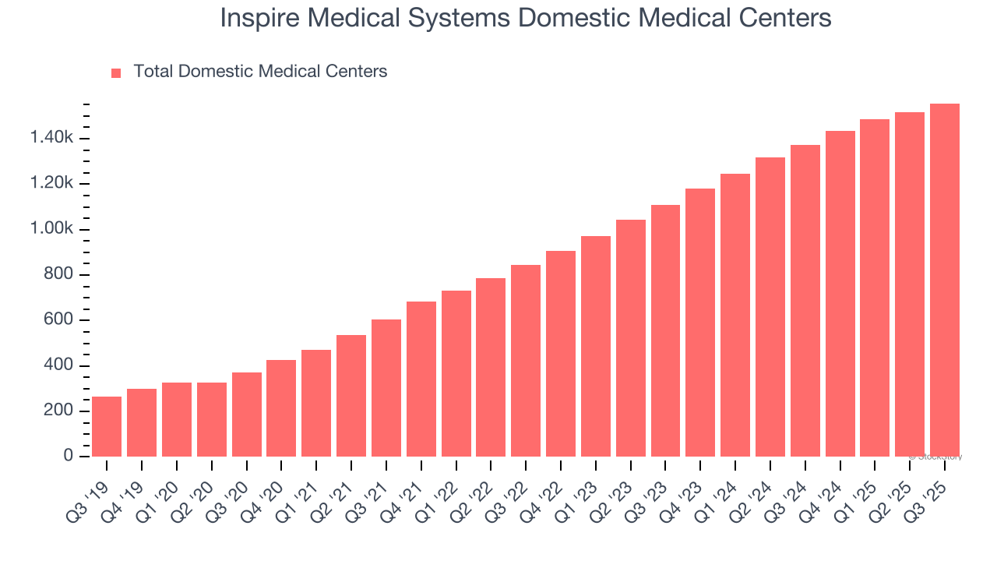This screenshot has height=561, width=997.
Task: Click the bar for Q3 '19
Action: coord(107,426)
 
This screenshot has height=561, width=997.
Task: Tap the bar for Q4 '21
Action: coord(421,379)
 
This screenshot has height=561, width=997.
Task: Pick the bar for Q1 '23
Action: coord(596,346)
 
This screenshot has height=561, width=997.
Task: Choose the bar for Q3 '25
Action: coord(945,280)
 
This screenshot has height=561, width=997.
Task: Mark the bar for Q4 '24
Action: coord(840,294)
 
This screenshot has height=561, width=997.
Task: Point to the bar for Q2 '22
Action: coord(491,367)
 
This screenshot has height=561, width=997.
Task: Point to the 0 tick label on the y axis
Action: coord(68,456)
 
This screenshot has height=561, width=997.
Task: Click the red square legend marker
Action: coord(116,72)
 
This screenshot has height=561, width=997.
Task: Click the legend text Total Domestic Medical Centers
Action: coord(260,72)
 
